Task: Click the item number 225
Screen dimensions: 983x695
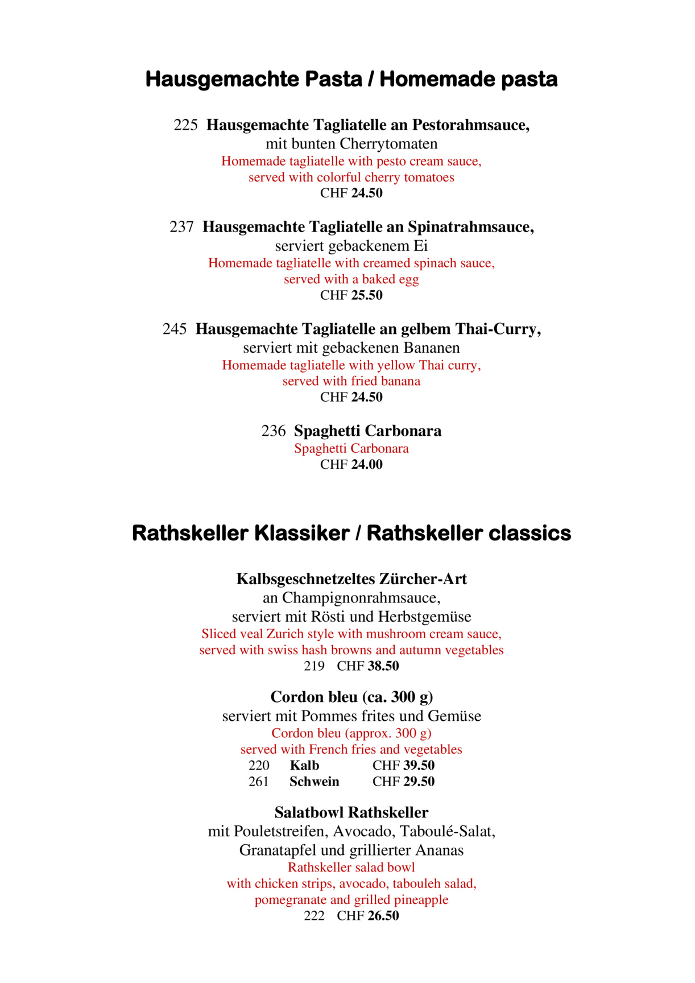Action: (185, 125)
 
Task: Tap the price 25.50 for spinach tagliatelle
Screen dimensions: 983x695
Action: (367, 295)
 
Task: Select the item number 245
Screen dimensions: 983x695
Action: (175, 329)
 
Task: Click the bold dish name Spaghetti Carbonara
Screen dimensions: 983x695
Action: (367, 431)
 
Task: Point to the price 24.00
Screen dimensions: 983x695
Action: (367, 465)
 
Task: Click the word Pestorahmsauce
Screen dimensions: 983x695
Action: (471, 125)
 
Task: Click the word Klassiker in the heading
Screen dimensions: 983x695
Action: (301, 534)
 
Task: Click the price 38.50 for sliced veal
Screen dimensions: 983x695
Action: (383, 666)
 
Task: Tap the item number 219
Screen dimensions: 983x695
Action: (314, 666)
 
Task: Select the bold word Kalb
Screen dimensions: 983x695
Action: (304, 766)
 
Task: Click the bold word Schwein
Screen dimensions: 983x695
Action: (314, 782)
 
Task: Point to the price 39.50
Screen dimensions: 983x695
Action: (419, 766)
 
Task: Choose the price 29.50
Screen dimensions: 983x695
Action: (419, 782)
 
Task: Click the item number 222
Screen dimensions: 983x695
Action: (314, 916)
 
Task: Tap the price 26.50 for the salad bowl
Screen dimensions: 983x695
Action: (383, 916)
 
